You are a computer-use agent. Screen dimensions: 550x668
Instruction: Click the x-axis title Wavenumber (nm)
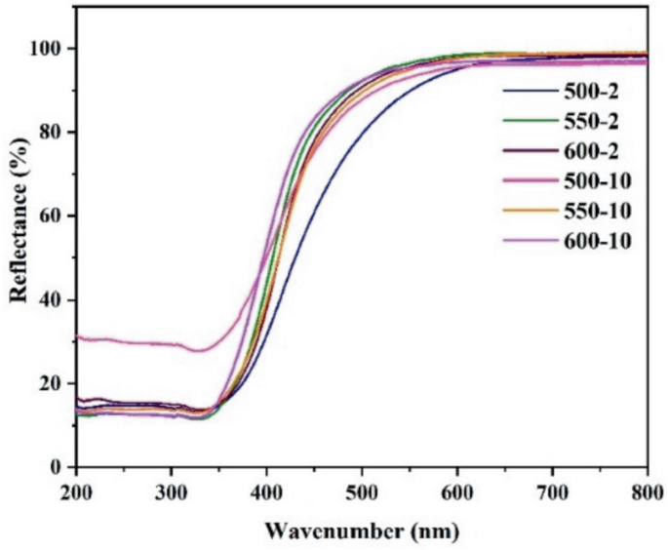(361, 532)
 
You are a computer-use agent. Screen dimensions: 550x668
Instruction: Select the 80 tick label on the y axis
(54, 133)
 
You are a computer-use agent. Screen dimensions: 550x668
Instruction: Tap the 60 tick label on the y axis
(54, 216)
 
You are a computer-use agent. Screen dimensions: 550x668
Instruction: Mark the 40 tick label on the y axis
(54, 299)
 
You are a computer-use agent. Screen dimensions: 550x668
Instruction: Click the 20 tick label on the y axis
(54, 383)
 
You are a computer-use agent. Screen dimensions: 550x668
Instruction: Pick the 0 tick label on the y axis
(59, 467)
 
